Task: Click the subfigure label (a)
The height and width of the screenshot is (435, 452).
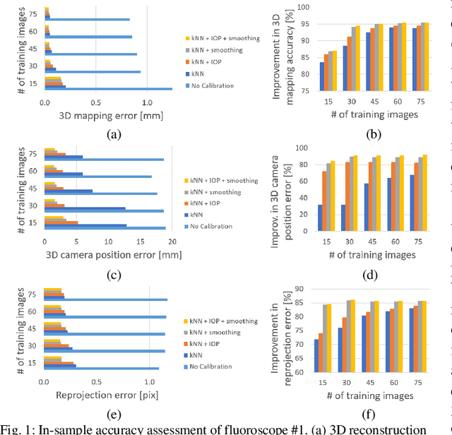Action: [x=113, y=133]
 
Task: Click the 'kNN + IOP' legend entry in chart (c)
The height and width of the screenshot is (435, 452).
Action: [x=208, y=203]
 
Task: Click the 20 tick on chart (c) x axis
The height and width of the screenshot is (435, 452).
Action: [x=172, y=241]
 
